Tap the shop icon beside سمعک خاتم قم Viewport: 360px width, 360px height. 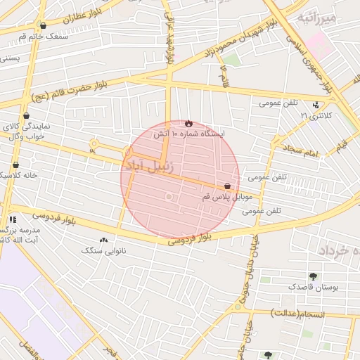coord(44,25)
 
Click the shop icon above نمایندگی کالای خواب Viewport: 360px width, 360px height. coord(27,116)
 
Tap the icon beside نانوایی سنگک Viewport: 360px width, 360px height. coord(104,240)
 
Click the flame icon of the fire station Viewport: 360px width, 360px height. coord(188,123)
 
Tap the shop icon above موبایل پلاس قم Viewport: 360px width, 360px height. coord(227,186)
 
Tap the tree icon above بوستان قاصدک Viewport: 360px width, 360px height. coord(312,276)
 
